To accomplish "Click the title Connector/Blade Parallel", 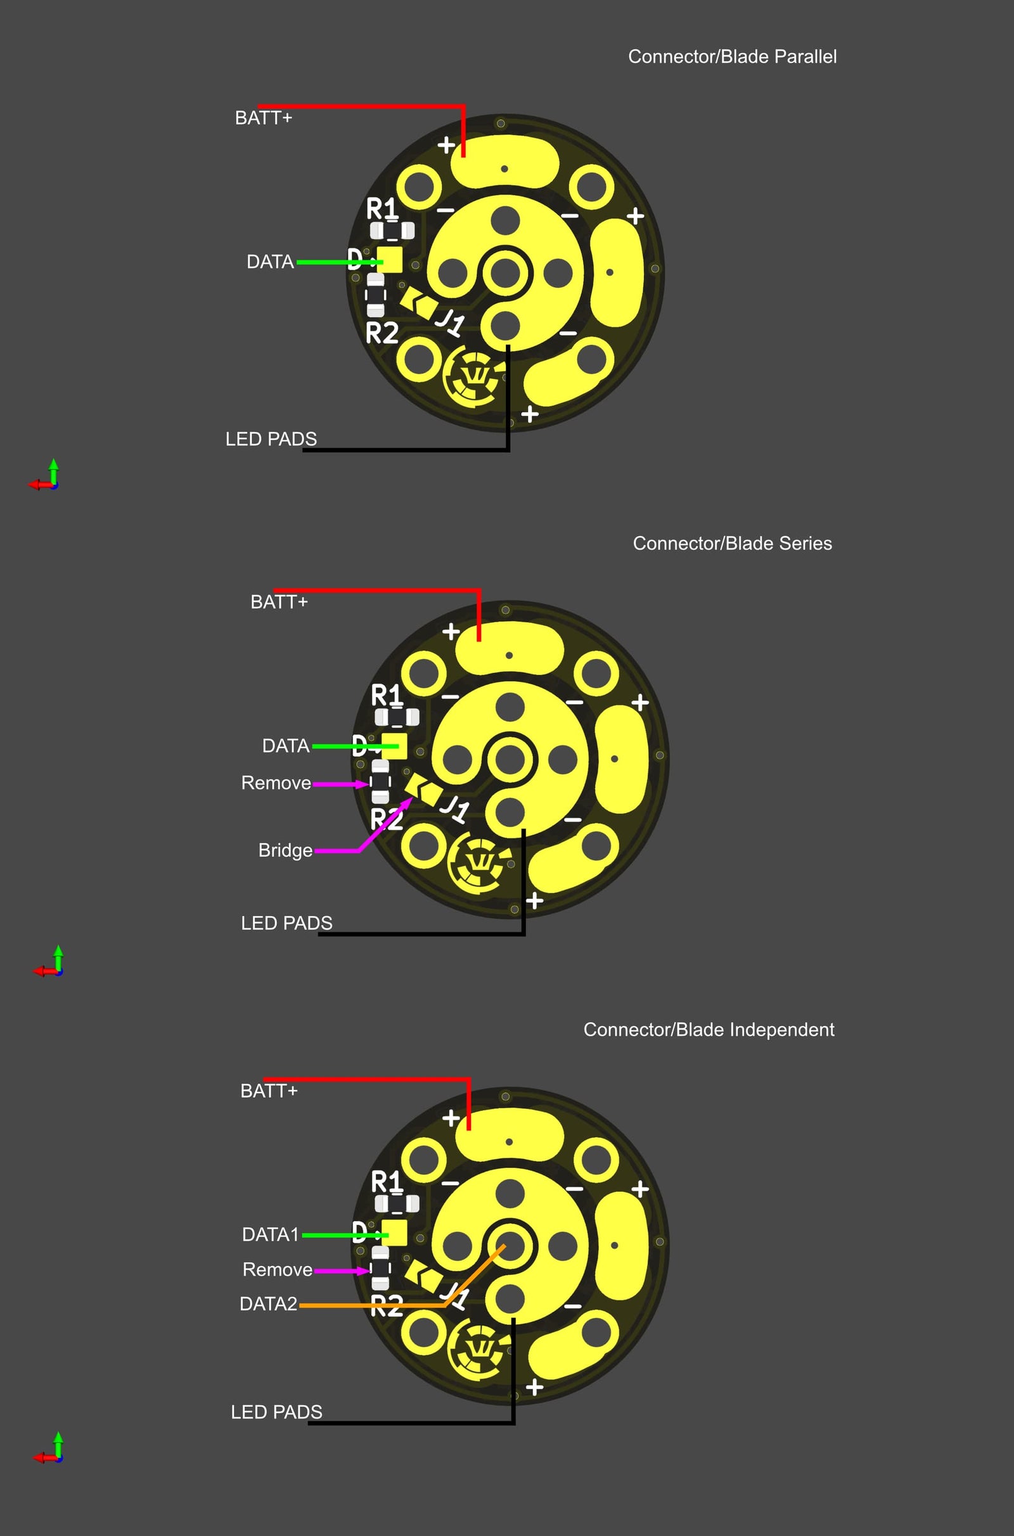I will pyautogui.click(x=732, y=57).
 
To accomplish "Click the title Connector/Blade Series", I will pyautogui.click(x=732, y=543).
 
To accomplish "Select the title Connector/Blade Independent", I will pyautogui.click(x=709, y=1029).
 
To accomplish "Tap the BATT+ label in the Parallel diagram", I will pyautogui.click(x=263, y=118).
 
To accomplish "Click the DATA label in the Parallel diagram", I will pyautogui.click(x=270, y=262).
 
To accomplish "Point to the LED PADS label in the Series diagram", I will pyautogui.click(x=286, y=923).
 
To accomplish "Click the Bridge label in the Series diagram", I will pyautogui.click(x=285, y=850).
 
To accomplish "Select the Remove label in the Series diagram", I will pyautogui.click(x=276, y=783).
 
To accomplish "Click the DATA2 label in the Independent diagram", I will pyautogui.click(x=268, y=1304).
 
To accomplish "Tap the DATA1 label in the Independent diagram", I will pyautogui.click(x=271, y=1235).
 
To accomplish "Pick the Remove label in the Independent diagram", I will pyautogui.click(x=278, y=1270).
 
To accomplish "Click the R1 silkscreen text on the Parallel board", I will pyautogui.click(x=382, y=209).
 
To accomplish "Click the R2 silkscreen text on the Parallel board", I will pyautogui.click(x=382, y=333).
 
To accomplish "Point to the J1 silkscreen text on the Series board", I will pyautogui.click(x=454, y=808).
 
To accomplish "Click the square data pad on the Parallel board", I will pyautogui.click(x=390, y=260).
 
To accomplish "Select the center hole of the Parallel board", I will pyautogui.click(x=505, y=274).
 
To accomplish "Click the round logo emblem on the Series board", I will pyautogui.click(x=479, y=863).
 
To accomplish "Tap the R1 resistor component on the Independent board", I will pyautogui.click(x=397, y=1203).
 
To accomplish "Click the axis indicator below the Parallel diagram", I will pyautogui.click(x=45, y=476).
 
